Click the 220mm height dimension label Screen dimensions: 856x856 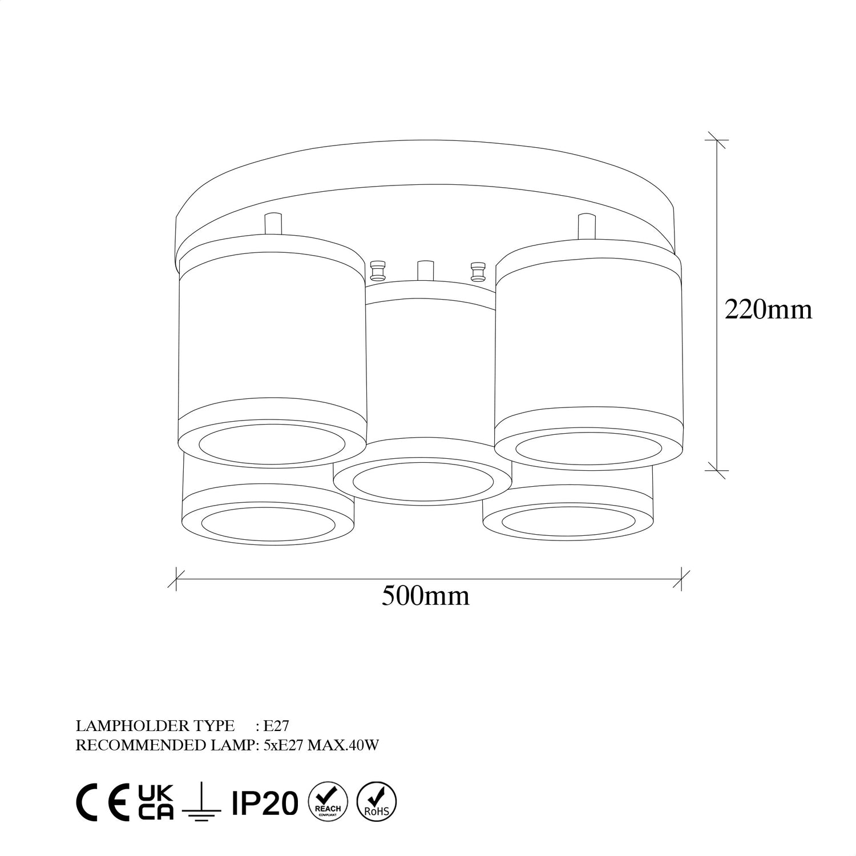tap(768, 310)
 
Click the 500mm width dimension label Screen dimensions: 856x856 tap(426, 596)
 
